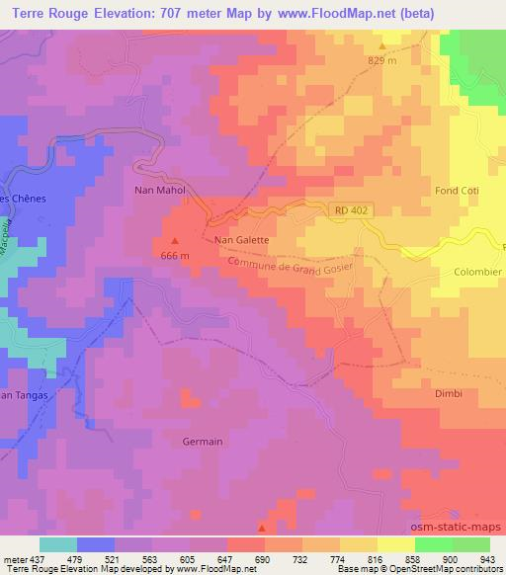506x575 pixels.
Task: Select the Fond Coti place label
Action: click(x=456, y=190)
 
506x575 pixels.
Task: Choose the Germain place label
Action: click(x=204, y=442)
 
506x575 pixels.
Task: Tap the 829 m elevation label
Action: click(x=381, y=61)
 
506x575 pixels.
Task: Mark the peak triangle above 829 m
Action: click(x=382, y=45)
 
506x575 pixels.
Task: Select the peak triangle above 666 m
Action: click(x=176, y=240)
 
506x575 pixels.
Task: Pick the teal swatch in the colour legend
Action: click(x=58, y=544)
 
